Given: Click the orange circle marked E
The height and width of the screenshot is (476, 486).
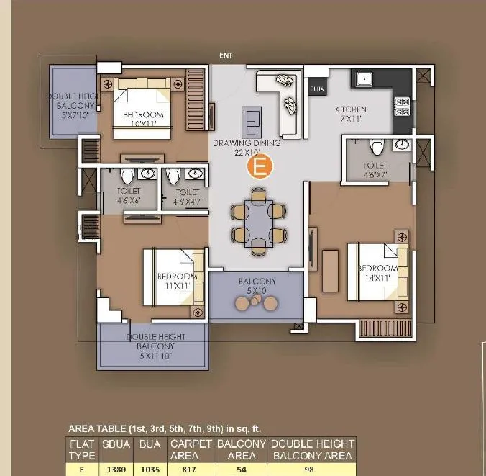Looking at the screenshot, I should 260,166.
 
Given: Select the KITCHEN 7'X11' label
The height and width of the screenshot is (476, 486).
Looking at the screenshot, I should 351,114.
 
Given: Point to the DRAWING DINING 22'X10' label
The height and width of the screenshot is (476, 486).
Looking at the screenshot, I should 247,147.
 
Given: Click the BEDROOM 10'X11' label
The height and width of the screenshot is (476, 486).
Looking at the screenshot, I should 143,120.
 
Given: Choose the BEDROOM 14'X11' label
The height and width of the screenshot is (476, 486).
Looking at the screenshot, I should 377,274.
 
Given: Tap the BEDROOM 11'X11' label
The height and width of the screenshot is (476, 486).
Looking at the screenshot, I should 178,281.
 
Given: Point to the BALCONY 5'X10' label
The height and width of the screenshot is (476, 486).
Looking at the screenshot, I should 257,286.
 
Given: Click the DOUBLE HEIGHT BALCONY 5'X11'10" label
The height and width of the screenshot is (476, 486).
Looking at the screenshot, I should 156,346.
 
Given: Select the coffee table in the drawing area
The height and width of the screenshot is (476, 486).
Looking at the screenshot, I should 252,120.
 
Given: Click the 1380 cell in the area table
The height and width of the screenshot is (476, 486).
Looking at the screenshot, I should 116,469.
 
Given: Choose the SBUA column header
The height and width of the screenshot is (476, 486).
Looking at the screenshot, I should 116,445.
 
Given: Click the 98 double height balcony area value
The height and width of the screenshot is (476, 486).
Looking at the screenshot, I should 311,469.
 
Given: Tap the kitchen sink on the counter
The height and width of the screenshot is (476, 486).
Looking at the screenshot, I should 363,77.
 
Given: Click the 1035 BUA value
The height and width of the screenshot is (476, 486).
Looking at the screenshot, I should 150,469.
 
